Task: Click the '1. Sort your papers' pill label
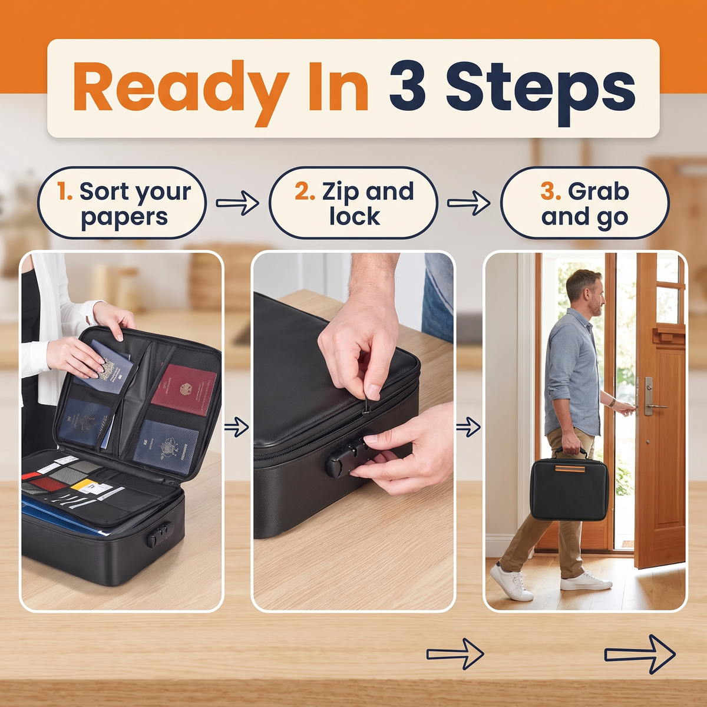tap(121, 203)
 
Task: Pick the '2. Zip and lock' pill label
tap(353, 203)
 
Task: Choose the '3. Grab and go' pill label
tap(585, 203)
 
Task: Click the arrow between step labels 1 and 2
tap(237, 203)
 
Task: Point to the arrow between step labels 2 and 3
tap(469, 203)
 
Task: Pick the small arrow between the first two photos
tap(237, 427)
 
